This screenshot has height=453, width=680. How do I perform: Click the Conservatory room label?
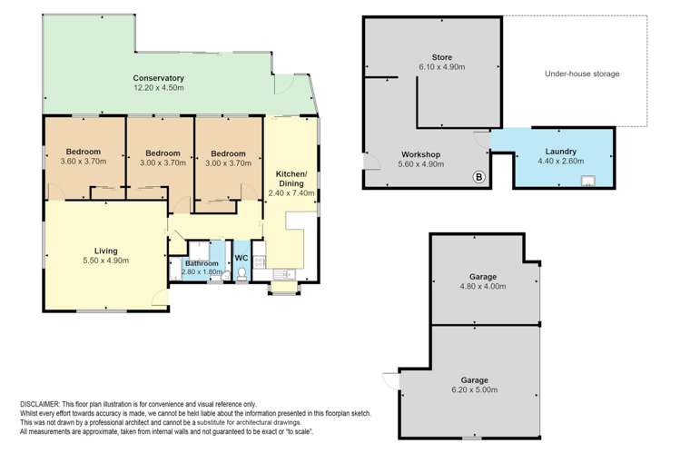[159, 78]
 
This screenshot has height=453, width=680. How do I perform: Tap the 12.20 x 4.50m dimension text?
[159, 88]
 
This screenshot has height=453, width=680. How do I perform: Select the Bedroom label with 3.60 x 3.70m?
[83, 152]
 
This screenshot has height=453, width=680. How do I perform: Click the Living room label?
[105, 251]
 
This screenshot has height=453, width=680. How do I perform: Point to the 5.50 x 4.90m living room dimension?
[105, 261]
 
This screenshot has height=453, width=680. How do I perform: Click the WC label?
[241, 258]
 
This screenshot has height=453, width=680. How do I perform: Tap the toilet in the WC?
[241, 274]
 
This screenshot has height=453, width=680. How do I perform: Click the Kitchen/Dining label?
[291, 178]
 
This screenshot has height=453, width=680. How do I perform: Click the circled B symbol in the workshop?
[478, 177]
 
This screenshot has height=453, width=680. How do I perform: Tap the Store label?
[441, 57]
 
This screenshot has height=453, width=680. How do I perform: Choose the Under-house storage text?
[582, 74]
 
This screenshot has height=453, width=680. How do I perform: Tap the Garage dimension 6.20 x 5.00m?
[474, 390]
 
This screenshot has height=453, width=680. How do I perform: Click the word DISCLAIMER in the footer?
[39, 403]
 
